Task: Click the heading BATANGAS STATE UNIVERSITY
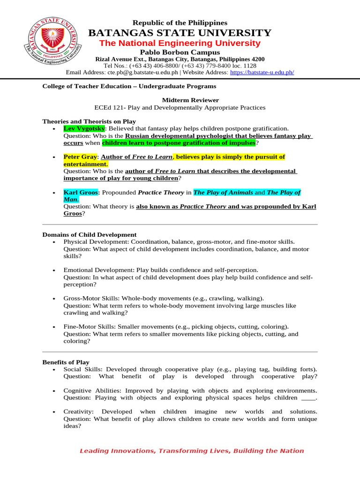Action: tap(180, 33)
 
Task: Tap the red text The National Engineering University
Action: tap(180, 43)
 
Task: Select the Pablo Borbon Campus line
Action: tap(180, 52)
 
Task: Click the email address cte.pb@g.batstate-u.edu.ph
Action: tap(142, 73)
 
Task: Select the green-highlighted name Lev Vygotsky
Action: tap(84, 128)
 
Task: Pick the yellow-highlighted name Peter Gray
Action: tap(80, 157)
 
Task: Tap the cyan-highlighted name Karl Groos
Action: tap(81, 193)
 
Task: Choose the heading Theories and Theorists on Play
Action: tap(89, 121)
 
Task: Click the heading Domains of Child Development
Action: tap(90, 235)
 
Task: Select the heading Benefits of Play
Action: tap(66, 362)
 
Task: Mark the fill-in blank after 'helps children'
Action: tap(308, 398)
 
